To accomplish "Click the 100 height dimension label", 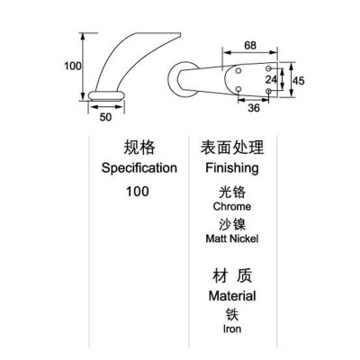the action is click(x=73, y=66).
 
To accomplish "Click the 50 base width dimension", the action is click(x=105, y=117).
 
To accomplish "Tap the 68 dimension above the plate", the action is click(x=250, y=45).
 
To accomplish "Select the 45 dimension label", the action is click(x=298, y=81).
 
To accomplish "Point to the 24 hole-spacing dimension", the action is click(x=272, y=79).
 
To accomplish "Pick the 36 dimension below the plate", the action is click(x=254, y=108).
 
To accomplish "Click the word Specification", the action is click(x=139, y=168).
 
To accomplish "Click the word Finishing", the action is click(x=232, y=168).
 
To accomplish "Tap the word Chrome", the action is click(x=232, y=206).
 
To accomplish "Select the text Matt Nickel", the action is click(x=232, y=238).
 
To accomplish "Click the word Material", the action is click(x=232, y=296).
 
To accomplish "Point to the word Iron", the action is click(x=232, y=328).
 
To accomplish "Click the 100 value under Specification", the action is click(x=138, y=192).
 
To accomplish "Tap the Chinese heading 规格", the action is click(x=139, y=148).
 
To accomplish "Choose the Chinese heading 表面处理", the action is click(x=232, y=148).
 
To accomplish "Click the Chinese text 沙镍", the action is click(x=232, y=224).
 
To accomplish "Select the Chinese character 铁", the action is click(x=232, y=314).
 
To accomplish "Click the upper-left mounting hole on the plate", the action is click(x=238, y=71).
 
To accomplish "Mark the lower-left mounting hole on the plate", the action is click(x=238, y=89).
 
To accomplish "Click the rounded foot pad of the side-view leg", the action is click(x=106, y=95).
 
